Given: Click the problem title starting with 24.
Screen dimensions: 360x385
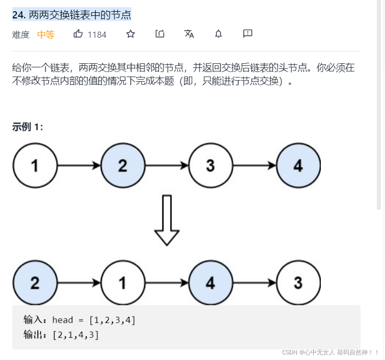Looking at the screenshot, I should [x=72, y=15].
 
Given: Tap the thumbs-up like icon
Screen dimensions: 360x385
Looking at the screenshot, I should [x=78, y=34].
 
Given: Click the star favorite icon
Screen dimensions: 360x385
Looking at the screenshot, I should [x=131, y=34].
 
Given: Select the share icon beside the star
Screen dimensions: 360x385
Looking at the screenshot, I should [x=160, y=34].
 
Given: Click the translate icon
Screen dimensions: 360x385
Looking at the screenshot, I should [x=189, y=34].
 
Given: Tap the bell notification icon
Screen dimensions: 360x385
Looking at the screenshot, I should [x=218, y=34].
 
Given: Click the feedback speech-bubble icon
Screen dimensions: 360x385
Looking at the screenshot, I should [x=248, y=34].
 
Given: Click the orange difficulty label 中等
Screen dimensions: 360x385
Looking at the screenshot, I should [x=46, y=35].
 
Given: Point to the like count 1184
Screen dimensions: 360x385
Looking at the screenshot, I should [x=97, y=35].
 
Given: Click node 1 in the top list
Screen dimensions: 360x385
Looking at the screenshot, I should [x=35, y=166].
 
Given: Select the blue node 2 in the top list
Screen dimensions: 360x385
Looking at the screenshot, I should [x=123, y=166].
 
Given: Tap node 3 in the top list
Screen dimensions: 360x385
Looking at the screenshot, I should [x=210, y=166].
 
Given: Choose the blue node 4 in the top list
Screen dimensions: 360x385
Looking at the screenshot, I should [x=298, y=166].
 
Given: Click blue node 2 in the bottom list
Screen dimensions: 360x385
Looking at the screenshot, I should [x=35, y=283].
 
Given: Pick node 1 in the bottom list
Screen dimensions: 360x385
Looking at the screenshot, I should [x=123, y=283].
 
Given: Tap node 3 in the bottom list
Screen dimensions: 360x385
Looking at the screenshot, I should [x=298, y=283].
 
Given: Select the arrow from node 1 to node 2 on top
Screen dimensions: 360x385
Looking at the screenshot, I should [x=78, y=166].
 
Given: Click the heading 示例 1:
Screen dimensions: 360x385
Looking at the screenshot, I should [x=28, y=127].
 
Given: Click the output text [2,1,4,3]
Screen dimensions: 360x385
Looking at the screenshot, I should [x=75, y=335].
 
